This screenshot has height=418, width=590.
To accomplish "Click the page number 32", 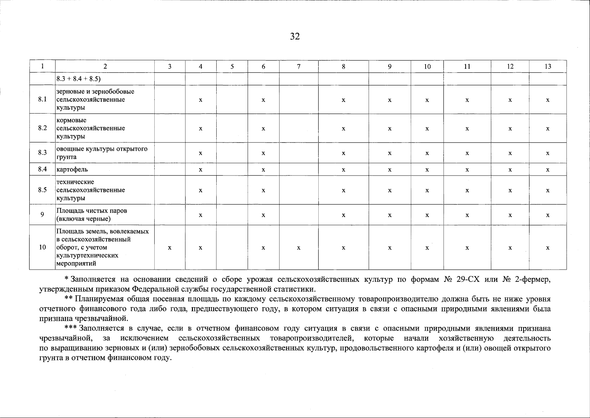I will click(295, 37).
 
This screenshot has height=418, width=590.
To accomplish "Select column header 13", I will click(548, 67).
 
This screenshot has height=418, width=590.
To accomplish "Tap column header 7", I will click(298, 67).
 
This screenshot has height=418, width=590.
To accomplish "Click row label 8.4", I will click(42, 170).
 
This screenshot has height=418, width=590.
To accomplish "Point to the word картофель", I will click(72, 170).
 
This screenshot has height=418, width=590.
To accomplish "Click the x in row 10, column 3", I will click(170, 248).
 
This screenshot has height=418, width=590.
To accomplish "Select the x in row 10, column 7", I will click(298, 248).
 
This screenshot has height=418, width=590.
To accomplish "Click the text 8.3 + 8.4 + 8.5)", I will click(78, 79).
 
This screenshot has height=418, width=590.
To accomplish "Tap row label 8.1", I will click(42, 100).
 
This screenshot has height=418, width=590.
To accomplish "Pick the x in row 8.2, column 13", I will click(548, 129).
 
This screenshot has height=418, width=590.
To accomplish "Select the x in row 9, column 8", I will click(343, 215).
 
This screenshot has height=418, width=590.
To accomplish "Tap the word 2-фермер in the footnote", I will click(534, 279).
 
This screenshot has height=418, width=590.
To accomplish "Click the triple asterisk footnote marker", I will click(71, 328).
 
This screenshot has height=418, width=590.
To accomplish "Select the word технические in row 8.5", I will click(75, 182).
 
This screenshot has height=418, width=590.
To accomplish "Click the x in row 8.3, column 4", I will click(201, 153).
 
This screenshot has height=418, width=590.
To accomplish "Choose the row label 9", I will click(42, 215).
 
